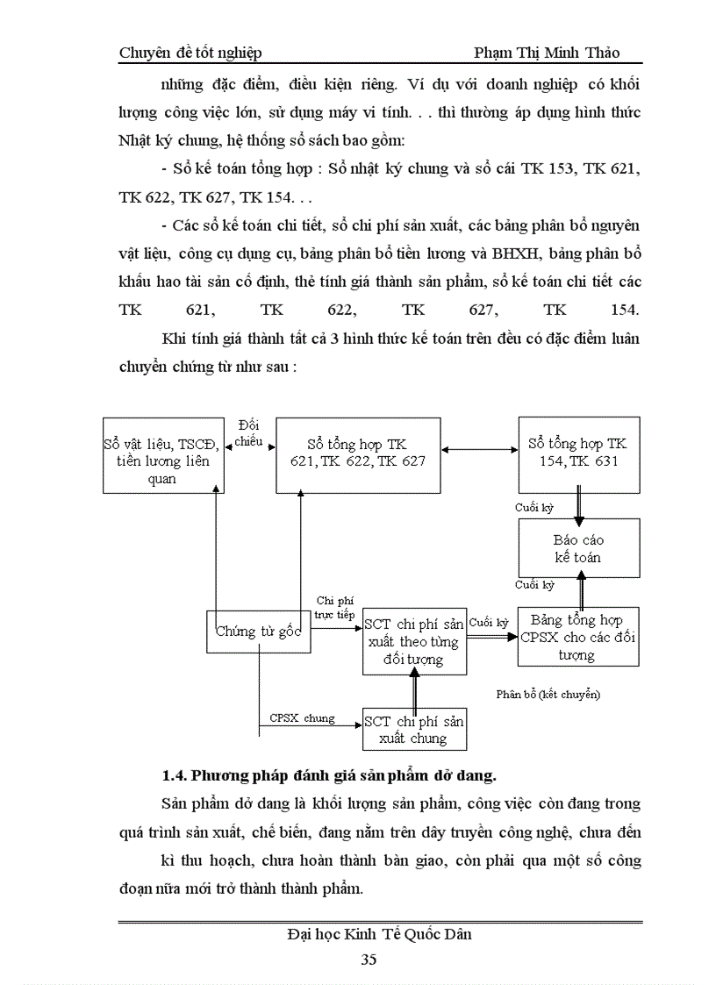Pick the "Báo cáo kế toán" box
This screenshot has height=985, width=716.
coord(578,548)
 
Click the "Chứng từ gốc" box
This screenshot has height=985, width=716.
coord(259,632)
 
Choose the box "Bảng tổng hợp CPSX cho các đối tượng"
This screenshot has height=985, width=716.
coord(577,638)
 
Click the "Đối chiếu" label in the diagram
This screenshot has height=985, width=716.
coord(248,434)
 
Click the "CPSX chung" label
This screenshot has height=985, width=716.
coord(302,718)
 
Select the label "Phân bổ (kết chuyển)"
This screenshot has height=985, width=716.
coord(548,695)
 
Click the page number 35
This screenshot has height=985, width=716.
coord(369,959)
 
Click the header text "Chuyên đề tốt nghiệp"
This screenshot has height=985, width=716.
coord(190,53)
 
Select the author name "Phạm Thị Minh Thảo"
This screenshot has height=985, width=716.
coord(547,53)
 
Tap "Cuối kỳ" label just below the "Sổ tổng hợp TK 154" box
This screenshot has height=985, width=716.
coord(534,508)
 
